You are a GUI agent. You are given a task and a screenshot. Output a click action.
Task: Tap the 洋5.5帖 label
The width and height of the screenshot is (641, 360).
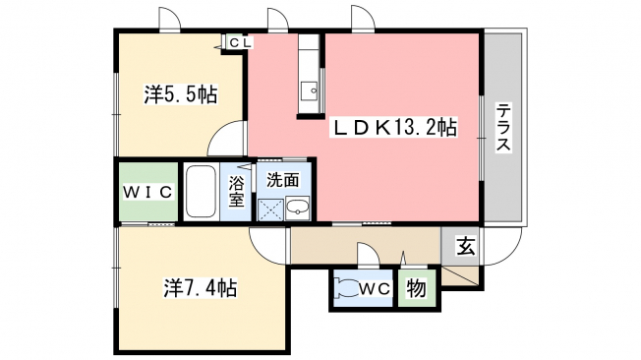tap(180, 94)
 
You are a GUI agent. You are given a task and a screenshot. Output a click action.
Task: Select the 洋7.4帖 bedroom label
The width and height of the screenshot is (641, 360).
tap(201, 287)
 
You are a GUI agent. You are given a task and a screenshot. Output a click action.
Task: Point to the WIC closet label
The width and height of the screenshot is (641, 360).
tap(148, 192)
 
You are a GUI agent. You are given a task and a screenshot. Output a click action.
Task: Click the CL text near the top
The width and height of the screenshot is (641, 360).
tap(240, 42)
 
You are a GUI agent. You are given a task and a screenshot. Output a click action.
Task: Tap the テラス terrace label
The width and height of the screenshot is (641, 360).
tap(503, 128)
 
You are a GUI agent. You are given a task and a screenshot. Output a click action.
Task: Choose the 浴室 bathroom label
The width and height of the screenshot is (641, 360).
tap(236, 191)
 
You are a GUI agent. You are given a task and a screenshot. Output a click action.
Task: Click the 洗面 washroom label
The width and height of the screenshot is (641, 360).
tap(283, 180)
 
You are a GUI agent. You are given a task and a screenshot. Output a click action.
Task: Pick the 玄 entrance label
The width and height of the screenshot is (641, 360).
tap(466, 246)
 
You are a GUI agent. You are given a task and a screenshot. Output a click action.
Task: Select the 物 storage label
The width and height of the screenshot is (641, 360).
tap(416, 289)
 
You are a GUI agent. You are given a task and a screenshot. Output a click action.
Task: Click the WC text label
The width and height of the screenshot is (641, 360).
tap(375, 289)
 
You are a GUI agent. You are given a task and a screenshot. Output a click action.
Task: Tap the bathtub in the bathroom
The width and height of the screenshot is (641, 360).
tap(201, 192)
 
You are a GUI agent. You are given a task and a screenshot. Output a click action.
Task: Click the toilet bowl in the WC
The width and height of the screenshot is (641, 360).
tap(346, 289)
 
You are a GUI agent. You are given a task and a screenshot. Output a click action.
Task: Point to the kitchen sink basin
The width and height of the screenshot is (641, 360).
tap(309, 90)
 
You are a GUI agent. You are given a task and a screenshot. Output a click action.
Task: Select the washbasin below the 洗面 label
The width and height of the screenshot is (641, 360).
tap(297, 209)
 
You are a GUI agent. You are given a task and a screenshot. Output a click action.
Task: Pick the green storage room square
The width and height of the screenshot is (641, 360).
tap(417, 288)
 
